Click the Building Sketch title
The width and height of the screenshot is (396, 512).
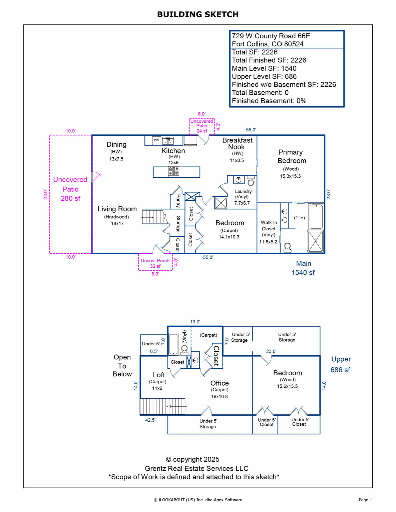coord(198,14)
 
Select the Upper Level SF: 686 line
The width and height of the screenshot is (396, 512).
coord(264,76)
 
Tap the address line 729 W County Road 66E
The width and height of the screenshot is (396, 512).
coord(271,36)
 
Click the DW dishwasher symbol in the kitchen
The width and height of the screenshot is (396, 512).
coord(156,140)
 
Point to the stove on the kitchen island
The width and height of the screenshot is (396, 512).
coord(173,171)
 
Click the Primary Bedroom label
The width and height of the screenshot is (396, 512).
coord(291,156)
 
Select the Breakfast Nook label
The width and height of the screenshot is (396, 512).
coord(237,144)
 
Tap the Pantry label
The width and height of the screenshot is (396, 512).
coord(178,201)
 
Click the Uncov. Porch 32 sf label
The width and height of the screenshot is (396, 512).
coord(155,263)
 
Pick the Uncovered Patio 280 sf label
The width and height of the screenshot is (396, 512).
coord(70,189)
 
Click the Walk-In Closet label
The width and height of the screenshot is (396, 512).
coord(269,226)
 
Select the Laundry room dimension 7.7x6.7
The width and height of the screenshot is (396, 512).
coord(242,203)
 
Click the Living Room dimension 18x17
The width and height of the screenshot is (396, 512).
coord(117,223)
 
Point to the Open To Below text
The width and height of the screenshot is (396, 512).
coord(122,366)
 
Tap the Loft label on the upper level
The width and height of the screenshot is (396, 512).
coord(159,375)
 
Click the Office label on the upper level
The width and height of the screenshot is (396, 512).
coord(220,383)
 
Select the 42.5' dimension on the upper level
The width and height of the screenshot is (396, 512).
coord(150,420)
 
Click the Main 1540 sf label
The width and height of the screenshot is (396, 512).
coord(303,268)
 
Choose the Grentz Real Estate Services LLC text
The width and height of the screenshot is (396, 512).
coord(196,468)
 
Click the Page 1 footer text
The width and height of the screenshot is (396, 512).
coord(365,500)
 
